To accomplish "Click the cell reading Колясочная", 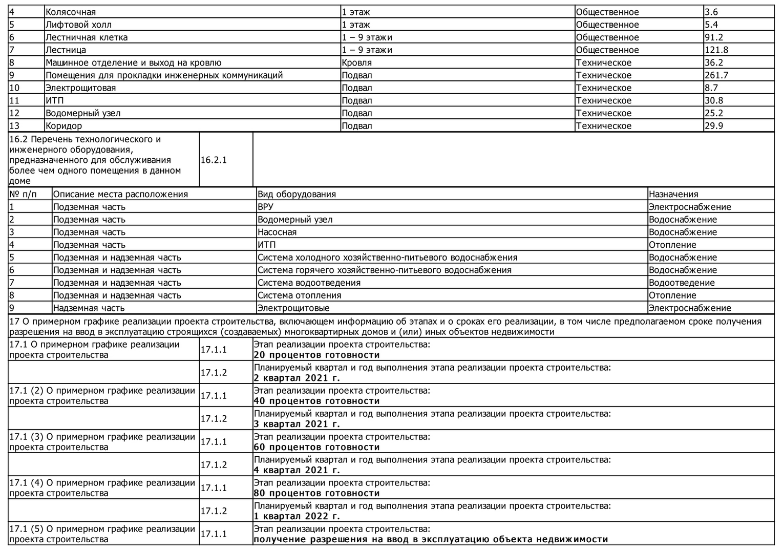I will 71,12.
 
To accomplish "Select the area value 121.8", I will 716,50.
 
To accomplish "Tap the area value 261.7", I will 716,75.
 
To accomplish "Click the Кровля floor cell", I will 357,62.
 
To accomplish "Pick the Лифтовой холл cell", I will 78,25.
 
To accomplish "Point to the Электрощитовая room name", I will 80,88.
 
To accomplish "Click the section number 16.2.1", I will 214,160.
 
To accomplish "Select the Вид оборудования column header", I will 297,194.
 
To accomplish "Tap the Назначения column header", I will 673,194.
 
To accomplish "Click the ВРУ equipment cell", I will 265,207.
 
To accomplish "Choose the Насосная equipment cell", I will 277,232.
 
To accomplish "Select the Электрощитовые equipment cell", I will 293,308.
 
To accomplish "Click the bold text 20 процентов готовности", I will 317,355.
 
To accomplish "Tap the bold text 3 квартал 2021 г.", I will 297,424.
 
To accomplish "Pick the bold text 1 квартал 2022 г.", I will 297,516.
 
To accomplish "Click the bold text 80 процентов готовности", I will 317,493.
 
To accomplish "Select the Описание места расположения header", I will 120,194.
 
